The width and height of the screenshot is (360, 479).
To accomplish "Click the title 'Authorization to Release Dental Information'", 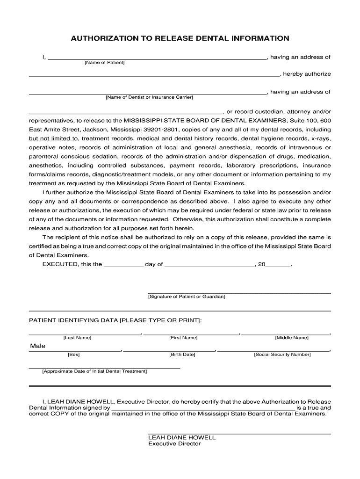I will point(180,38).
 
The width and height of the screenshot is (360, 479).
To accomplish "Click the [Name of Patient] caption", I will point(104,63).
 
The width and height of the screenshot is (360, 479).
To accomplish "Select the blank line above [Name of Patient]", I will point(157,58).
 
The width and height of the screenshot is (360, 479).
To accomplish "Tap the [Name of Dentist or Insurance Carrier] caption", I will point(149,97).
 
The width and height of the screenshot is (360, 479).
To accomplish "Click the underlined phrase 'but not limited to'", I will point(53,139).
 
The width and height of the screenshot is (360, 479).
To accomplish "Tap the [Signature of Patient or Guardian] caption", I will point(187,297).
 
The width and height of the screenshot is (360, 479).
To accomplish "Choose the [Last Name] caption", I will point(78,338).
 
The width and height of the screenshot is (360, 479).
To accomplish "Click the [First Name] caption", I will point(183,338).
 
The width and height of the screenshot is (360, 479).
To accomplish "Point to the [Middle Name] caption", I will point(292,338).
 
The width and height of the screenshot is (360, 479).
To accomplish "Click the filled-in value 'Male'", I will point(38,346).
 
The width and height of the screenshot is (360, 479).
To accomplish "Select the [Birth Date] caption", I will point(182,355).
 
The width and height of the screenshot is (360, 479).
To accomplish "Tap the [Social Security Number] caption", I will point(282,355).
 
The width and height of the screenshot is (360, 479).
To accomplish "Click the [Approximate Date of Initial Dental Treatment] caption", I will point(94,371).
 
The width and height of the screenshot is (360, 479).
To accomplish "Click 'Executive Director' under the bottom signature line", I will point(174,444).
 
